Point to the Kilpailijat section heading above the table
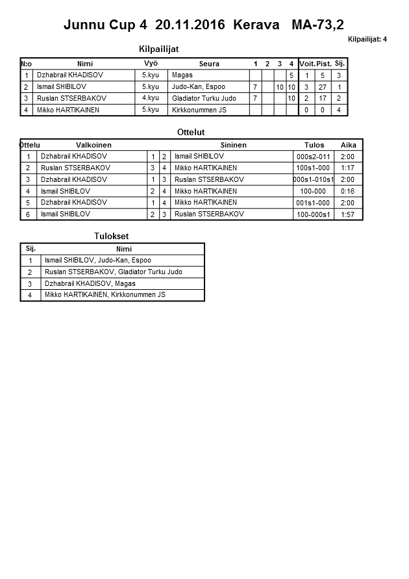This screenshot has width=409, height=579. point(159,49)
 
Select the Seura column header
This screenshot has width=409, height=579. point(209,64)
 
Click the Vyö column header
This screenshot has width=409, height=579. point(151,63)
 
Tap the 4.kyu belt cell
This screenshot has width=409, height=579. point(151,98)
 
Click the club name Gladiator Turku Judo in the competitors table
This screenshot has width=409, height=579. point(204,98)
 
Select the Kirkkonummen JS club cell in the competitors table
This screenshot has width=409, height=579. point(199,110)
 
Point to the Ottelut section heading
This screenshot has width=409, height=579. point(191,132)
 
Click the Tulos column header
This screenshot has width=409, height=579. point(315,145)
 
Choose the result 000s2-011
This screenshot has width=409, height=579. point(313,157)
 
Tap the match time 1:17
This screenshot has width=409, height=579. point(347,168)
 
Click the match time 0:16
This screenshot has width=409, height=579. point(347,192)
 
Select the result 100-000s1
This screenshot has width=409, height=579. point(313,214)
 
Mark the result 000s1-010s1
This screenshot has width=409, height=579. point(313,180)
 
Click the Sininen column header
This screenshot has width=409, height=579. point(234,145)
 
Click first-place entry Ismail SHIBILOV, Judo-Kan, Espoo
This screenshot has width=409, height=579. point(97,260)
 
